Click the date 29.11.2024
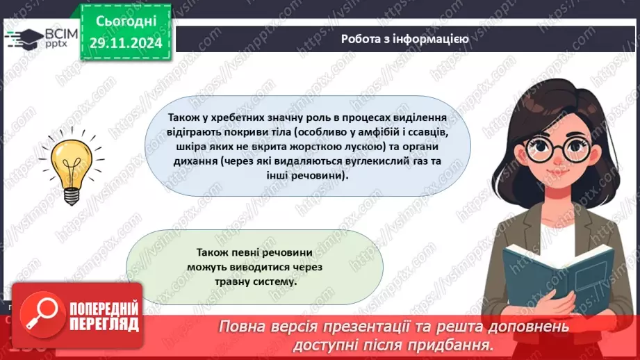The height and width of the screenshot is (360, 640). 125,43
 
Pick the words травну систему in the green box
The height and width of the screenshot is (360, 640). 255,282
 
